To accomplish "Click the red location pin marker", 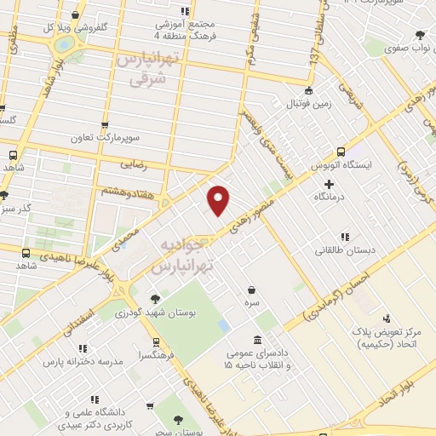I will [x=219, y=199].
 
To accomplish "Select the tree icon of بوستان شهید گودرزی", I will [x=154, y=298].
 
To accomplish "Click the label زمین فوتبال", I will [x=310, y=105].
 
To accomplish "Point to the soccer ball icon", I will [x=311, y=90].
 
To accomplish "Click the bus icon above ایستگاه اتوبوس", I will [x=341, y=150].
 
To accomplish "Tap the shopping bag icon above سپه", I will [x=252, y=290].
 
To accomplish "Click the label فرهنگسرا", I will [x=158, y=353].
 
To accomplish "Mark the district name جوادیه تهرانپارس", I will [x=185, y=255].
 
